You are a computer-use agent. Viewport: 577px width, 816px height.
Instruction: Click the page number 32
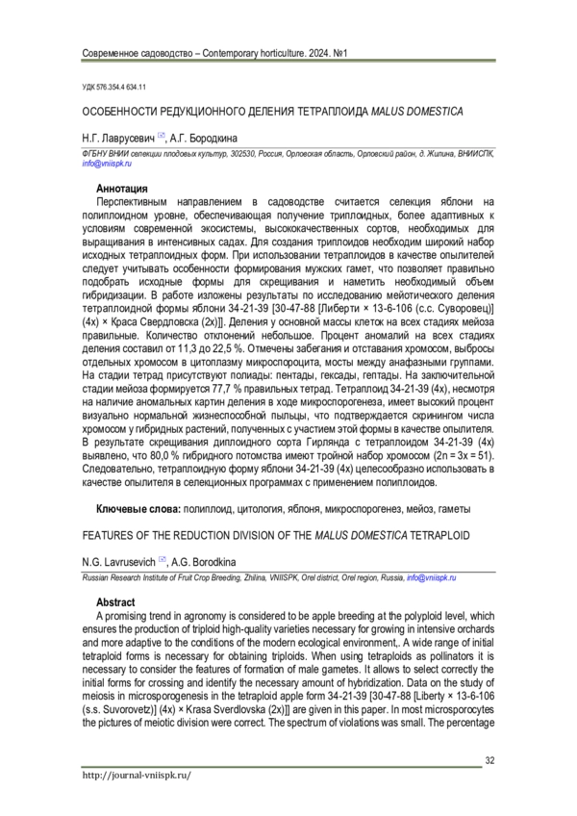coord(489,761)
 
